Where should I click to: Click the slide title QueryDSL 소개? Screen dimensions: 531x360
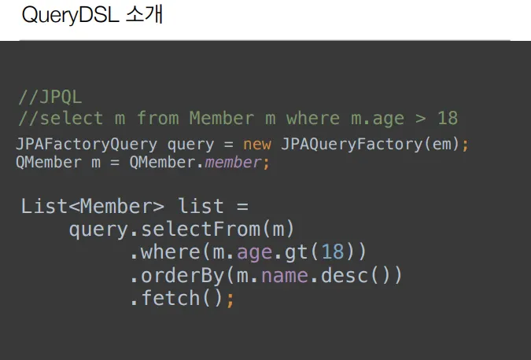coord(92,17)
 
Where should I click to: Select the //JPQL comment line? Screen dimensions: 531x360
coord(50,98)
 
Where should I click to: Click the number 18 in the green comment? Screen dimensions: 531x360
coord(447,119)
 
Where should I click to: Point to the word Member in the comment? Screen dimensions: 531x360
coord(221,119)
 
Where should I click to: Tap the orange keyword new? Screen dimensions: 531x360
coord(258,145)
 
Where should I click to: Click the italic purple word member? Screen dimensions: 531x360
coord(233,163)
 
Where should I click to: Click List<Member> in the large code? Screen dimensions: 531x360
coord(93,208)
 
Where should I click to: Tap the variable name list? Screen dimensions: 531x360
coord(201,208)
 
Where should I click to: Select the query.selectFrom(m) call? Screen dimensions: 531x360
coord(181,230)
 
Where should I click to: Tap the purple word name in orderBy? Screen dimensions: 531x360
coord(285,276)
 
